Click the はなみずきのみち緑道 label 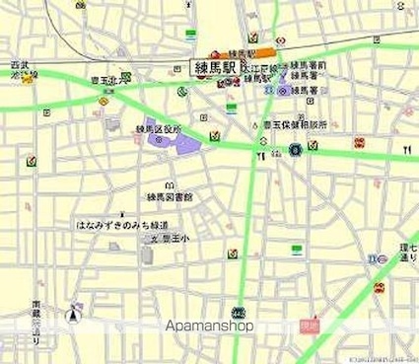[116, 226]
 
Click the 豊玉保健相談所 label [294, 126]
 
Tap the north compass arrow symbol [72, 317]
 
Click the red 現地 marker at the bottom [309, 324]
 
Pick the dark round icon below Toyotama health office [295, 150]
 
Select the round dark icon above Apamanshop [237, 313]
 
